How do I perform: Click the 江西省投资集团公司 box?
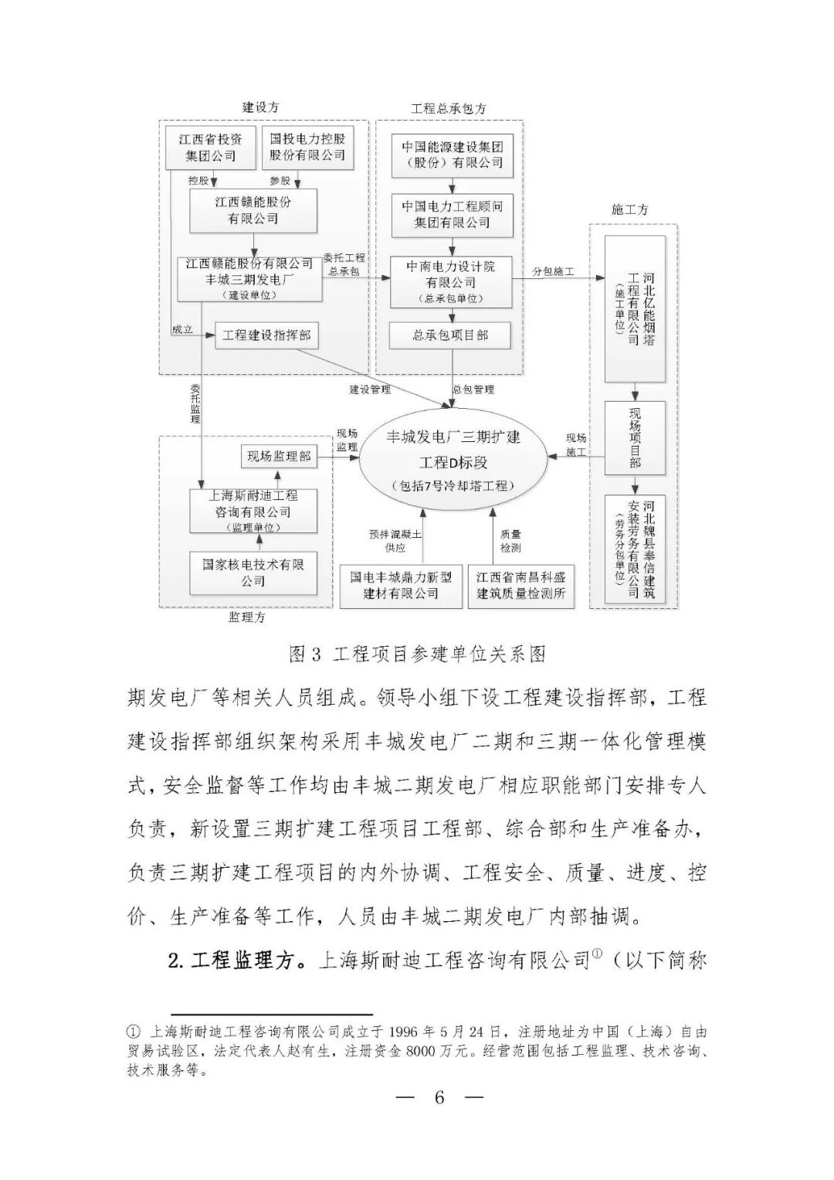210,148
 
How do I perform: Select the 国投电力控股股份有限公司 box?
307,147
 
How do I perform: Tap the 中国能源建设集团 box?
452,154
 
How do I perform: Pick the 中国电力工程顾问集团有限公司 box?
452,214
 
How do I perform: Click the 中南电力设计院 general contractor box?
452,282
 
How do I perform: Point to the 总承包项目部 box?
452,335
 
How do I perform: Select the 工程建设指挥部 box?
266,335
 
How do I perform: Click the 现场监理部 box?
279,456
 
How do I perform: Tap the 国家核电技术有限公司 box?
253,573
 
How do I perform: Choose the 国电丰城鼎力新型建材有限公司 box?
401,585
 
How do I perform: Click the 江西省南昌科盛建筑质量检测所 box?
521,585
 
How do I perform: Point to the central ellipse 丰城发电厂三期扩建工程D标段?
453,461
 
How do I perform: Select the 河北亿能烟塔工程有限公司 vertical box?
635,309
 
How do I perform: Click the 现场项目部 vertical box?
635,437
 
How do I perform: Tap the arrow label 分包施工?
554,272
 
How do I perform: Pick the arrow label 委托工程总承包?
344,264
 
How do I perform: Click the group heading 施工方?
629,209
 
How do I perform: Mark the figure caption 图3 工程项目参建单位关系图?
417,655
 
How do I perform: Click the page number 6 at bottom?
439,1097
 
